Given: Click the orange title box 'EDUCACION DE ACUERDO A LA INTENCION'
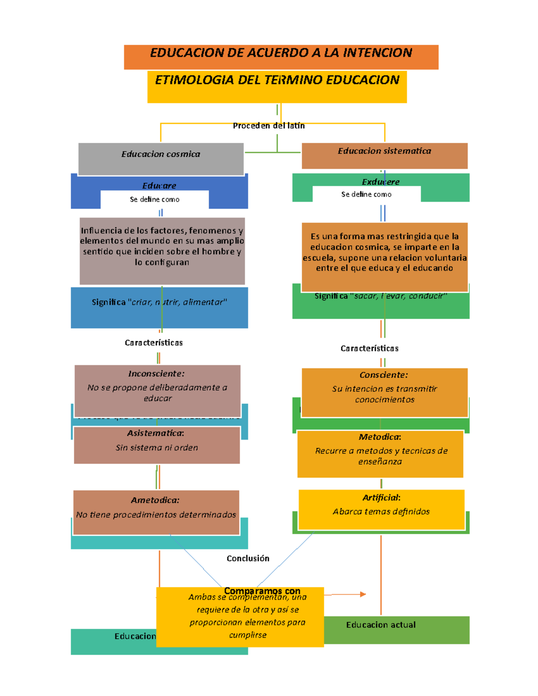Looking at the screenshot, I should pyautogui.click(x=281, y=56).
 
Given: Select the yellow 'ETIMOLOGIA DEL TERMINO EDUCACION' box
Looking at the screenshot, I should pyautogui.click(x=277, y=86).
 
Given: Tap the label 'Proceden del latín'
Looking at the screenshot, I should pyautogui.click(x=269, y=126).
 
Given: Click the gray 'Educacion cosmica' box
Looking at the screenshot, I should pyautogui.click(x=161, y=158).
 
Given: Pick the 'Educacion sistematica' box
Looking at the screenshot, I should pyautogui.click(x=384, y=155).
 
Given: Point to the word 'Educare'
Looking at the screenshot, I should pyautogui.click(x=159, y=185).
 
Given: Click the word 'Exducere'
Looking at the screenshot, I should pyautogui.click(x=381, y=182).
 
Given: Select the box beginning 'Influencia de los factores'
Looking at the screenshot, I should pyautogui.click(x=162, y=251).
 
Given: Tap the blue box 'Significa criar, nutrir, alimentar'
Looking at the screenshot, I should pyautogui.click(x=159, y=307).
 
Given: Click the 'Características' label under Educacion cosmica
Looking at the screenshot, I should pyautogui.click(x=153, y=343).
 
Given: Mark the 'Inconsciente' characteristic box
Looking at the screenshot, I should pyautogui.click(x=157, y=390).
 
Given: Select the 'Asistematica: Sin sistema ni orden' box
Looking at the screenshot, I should pyautogui.click(x=157, y=445).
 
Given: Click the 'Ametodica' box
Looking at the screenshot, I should pyautogui.click(x=156, y=512).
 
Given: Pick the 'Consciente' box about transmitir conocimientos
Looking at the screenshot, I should pyautogui.click(x=384, y=392).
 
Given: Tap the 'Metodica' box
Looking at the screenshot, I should pyautogui.click(x=380, y=454).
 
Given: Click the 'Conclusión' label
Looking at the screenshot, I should pyautogui.click(x=248, y=558).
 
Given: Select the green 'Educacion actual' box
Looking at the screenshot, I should pyautogui.click(x=396, y=629).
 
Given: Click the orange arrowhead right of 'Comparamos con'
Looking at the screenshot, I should pyautogui.click(x=363, y=594).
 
